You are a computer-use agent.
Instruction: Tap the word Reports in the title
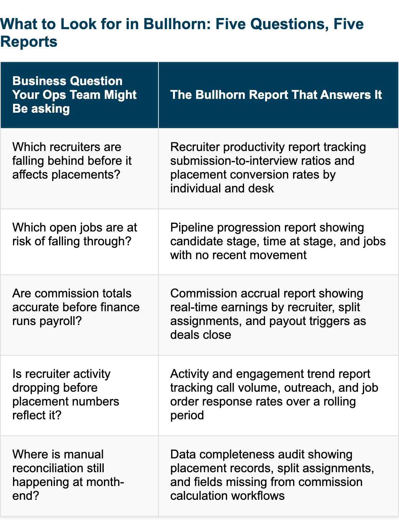point(29,42)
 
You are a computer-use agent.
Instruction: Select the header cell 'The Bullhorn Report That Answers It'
point(279,95)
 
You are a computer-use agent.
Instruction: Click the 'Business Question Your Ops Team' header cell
point(79,95)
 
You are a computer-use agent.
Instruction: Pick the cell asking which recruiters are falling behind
point(79,168)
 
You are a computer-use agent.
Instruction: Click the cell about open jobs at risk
point(79,241)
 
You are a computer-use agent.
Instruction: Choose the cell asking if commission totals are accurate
point(79,315)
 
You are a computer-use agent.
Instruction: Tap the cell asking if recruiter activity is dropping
point(79,395)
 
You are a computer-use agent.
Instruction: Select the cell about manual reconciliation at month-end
point(79,476)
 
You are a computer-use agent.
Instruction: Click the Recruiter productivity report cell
point(279,168)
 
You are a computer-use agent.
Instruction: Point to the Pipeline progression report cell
point(279,241)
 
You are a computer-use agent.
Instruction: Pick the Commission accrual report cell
point(279,315)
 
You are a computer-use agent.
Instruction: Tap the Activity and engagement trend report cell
point(279,395)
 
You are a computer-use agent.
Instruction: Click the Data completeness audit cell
point(279,476)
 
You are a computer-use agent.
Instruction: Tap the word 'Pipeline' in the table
point(191,228)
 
